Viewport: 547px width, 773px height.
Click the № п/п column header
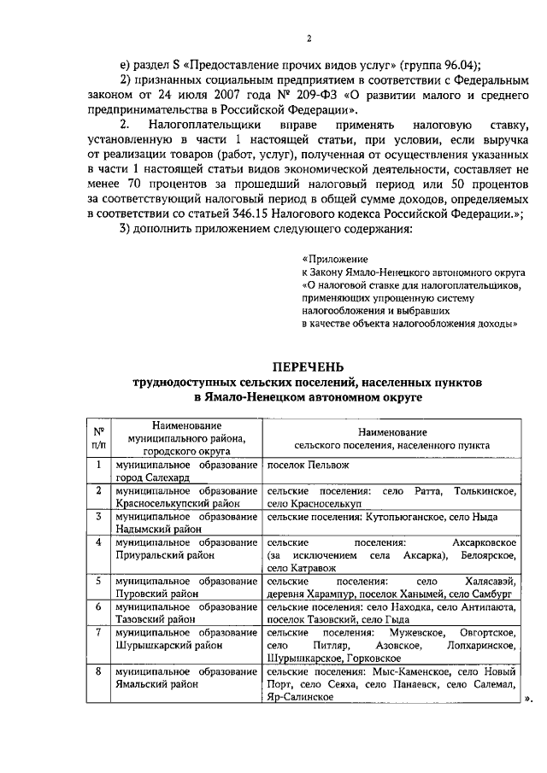(x=99, y=438)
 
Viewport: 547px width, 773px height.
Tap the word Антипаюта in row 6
(x=482, y=606)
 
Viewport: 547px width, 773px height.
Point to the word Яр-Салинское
(x=300, y=696)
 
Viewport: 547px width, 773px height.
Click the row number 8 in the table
(x=99, y=671)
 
